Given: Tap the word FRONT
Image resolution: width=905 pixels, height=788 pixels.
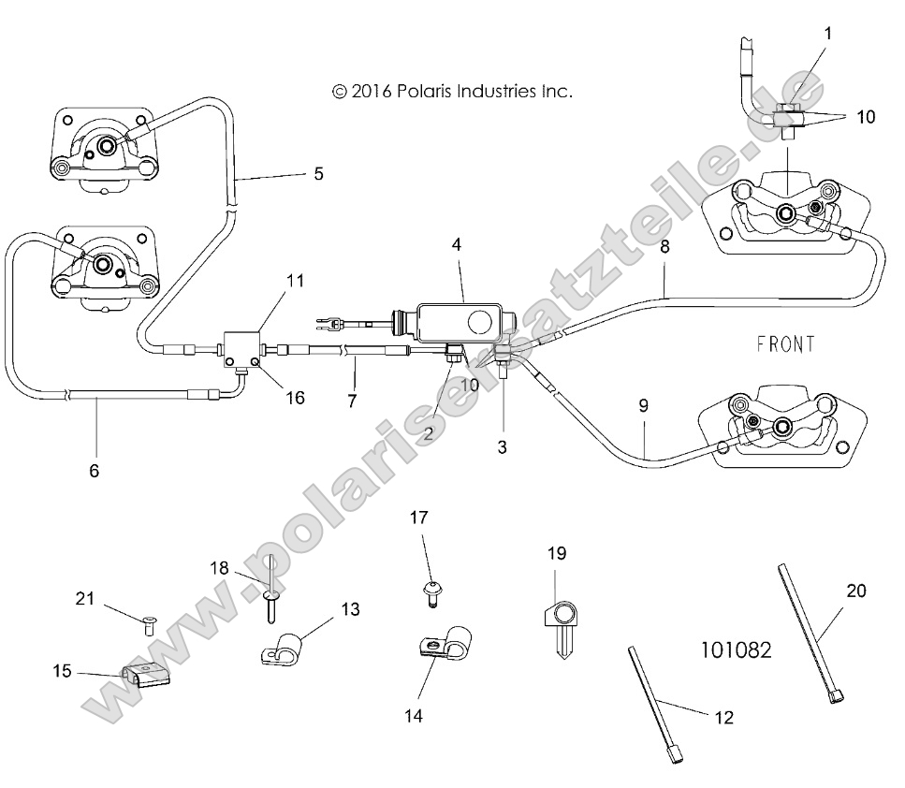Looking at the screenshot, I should [786, 344].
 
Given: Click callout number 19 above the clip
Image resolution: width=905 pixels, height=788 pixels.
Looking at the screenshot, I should [557, 554].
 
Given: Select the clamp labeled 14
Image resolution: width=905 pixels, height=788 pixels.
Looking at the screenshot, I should [436, 647].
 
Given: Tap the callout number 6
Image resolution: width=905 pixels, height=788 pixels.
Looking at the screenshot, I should [94, 471].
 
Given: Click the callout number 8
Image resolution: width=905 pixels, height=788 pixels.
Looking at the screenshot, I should [665, 248].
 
